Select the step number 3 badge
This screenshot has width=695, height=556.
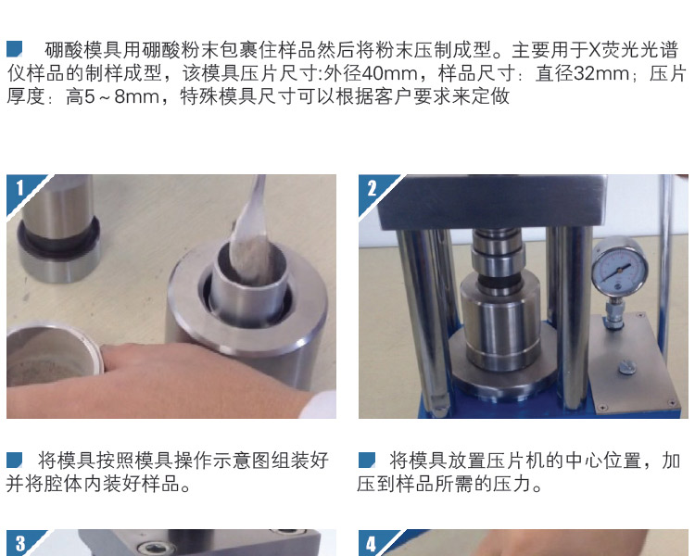click(19, 543)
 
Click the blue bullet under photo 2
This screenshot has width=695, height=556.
click(367, 460)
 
